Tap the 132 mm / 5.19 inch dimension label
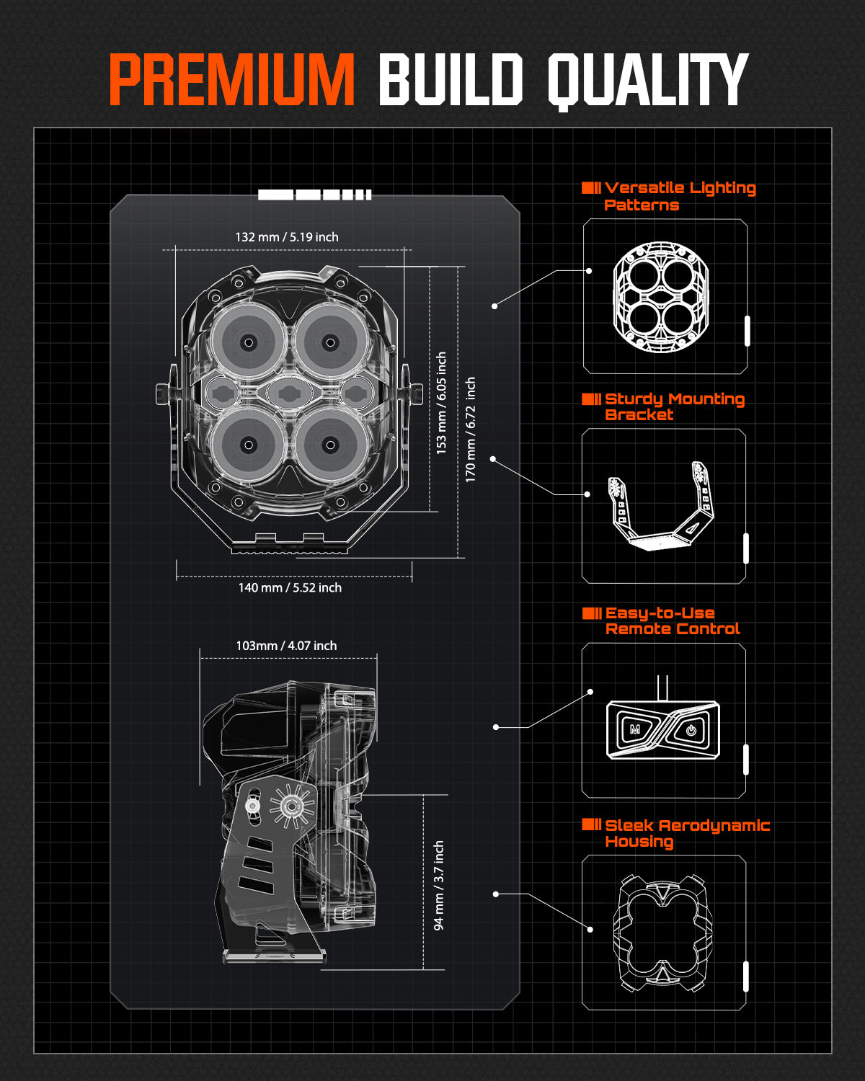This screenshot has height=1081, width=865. (286, 237)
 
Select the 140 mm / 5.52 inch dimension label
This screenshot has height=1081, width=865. (290, 588)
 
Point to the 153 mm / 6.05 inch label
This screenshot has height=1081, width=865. (441, 402)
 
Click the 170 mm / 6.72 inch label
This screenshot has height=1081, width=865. (470, 430)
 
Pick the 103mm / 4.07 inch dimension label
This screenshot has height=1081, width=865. (286, 646)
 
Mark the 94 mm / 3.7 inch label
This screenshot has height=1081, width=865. (438, 886)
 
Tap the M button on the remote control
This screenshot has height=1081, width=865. (635, 729)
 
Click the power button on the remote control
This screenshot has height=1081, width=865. (691, 730)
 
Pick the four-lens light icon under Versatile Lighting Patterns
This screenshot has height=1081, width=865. (661, 297)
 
